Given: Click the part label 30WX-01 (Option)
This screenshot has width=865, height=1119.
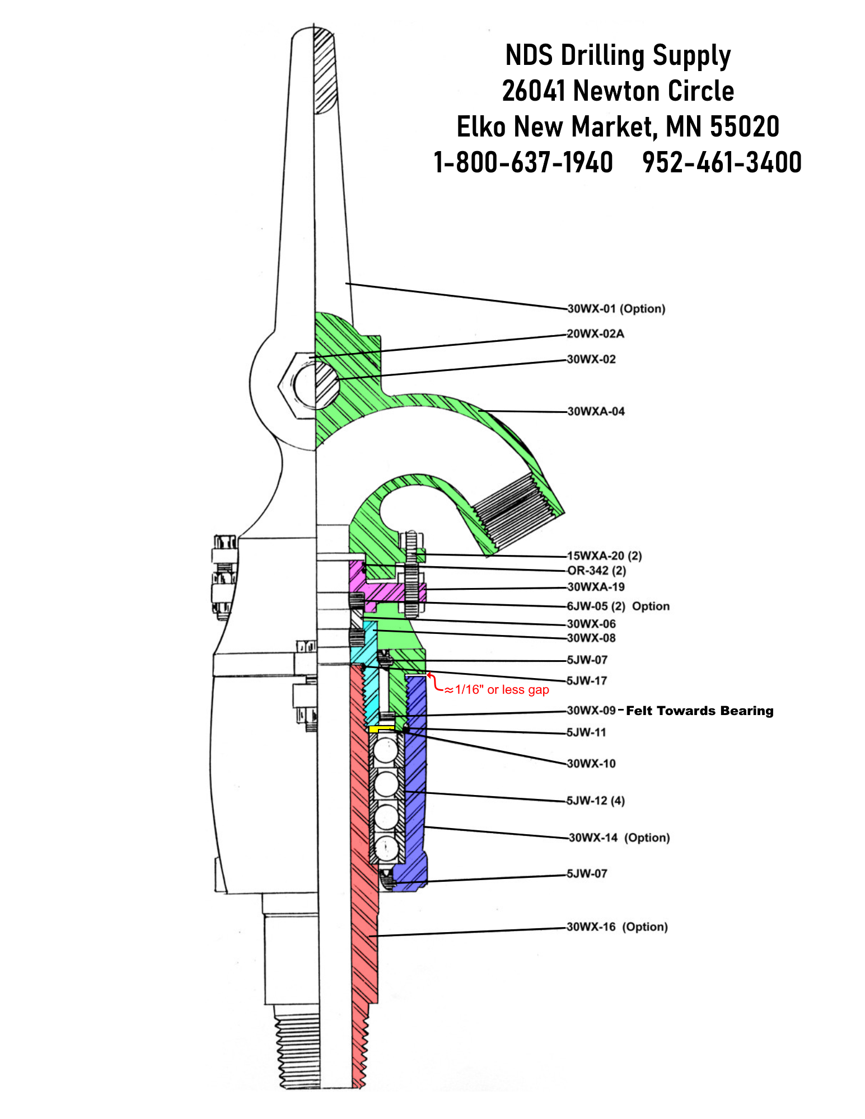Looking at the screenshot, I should pos(616,309).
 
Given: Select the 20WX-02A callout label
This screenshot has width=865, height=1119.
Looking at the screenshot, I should pos(595,334).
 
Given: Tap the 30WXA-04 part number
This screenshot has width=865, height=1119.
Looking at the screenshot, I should pos(596,412).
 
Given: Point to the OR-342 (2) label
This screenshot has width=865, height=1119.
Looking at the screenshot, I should pos(596,571).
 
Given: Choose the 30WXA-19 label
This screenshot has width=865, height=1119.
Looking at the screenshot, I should pos(596,587).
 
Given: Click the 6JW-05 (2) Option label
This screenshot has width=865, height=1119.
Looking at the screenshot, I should pos(618,606).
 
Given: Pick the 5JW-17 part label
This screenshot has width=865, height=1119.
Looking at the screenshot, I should pos(587,681).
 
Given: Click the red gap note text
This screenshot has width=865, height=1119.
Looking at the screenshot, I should pos(502,690).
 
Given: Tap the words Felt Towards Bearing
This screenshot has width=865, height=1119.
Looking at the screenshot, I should pos(699,711).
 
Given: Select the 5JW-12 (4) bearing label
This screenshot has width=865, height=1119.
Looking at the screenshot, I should pos(595,801).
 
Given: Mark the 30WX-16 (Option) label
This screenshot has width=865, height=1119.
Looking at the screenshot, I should pos(617,927).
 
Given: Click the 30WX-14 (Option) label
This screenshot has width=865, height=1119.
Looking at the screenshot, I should pos(619,838).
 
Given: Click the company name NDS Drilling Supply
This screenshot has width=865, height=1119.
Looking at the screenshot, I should pos(618,56).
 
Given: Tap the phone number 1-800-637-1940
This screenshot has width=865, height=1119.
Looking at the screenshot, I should pos(523,162).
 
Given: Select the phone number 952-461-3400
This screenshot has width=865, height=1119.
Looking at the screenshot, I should pos(722,162).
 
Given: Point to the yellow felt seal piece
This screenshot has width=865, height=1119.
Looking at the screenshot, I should pos(381,729).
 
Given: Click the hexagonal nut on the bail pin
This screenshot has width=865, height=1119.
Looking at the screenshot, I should pos(297,386).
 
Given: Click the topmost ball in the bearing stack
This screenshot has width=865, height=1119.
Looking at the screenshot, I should pos(386,750).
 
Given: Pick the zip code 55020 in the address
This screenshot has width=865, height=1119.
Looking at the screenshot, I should pos(745,126).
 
